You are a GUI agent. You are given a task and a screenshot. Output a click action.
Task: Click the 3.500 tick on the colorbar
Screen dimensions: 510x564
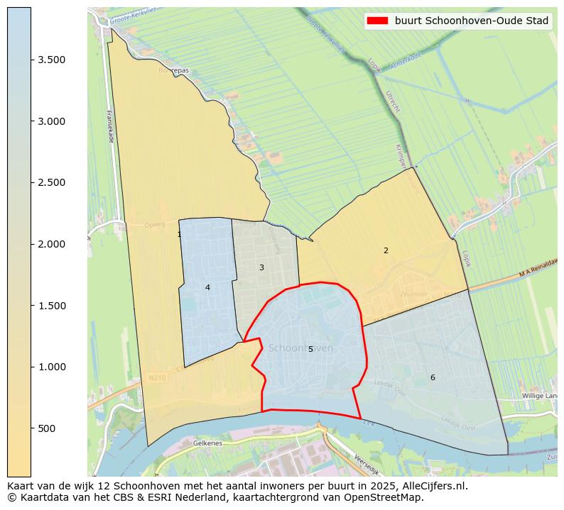pos(53,60)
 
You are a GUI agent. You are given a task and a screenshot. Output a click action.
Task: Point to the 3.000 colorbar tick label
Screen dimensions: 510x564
pos(53,121)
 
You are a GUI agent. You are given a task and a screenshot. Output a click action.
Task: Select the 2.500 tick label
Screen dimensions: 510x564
pos(53,183)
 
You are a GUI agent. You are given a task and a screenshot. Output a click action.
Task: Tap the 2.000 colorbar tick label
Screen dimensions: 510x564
pos(53,244)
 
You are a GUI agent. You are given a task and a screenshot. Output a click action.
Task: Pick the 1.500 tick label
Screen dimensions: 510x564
pos(53,306)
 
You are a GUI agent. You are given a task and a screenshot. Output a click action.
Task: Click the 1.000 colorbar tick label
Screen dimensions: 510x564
pos(53,367)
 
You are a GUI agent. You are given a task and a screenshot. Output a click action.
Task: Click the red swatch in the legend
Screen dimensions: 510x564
pos(376,21)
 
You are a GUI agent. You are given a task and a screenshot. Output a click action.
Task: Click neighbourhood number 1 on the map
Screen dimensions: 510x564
pos(179,234)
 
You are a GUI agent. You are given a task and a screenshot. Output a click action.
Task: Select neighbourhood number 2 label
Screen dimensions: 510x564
pos(386,250)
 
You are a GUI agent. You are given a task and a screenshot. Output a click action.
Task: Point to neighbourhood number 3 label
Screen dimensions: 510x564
pos(261,267)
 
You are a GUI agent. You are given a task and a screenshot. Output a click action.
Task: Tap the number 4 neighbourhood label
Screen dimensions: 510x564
pos(207,287)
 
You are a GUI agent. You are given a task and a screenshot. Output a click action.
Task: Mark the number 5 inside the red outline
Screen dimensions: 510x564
pos(310,349)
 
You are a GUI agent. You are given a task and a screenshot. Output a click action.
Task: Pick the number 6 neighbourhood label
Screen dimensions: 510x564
pos(433,377)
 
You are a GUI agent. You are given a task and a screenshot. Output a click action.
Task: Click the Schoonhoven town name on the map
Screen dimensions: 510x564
pos(300,348)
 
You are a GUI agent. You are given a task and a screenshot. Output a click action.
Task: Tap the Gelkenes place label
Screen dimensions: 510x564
pos(207,443)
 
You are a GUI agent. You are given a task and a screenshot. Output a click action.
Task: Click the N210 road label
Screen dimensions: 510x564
pos(157,378)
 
